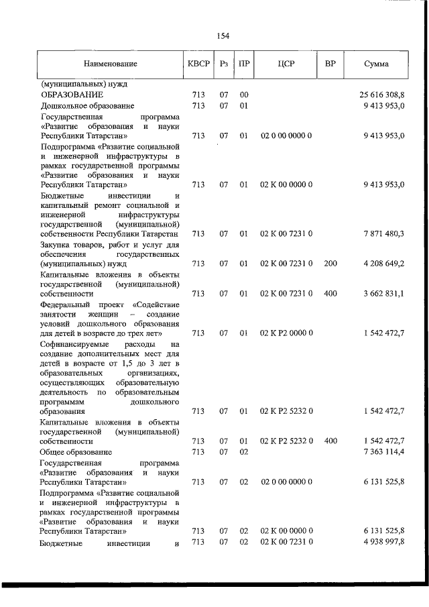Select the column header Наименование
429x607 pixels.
[x=110, y=64]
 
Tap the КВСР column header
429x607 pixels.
[x=198, y=64]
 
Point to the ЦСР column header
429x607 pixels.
[x=286, y=64]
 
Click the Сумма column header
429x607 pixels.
[x=377, y=64]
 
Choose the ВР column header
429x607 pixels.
[x=330, y=64]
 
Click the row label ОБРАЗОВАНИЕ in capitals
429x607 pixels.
[x=72, y=95]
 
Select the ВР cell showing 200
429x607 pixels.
[x=330, y=264]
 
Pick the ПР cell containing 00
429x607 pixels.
[x=244, y=95]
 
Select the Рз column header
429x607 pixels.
[x=224, y=64]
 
